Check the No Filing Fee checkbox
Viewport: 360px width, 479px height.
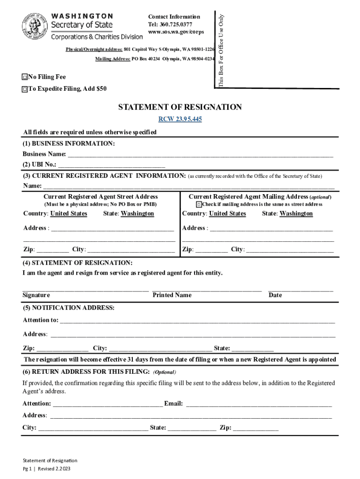tap(24, 77)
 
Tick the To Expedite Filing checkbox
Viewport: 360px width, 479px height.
tap(24, 89)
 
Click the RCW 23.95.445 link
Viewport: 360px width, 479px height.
tap(180, 119)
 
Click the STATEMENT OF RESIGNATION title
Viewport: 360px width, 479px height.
tap(180, 107)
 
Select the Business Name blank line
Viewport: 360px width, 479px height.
tap(201, 155)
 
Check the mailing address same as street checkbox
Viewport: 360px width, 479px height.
tap(199, 204)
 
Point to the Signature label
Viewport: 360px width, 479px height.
tap(36, 295)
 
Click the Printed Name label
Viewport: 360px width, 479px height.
tap(172, 295)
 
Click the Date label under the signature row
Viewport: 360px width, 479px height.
tap(275, 295)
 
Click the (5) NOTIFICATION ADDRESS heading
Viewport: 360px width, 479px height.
tap(69, 308)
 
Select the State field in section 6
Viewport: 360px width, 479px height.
tap(192, 428)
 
